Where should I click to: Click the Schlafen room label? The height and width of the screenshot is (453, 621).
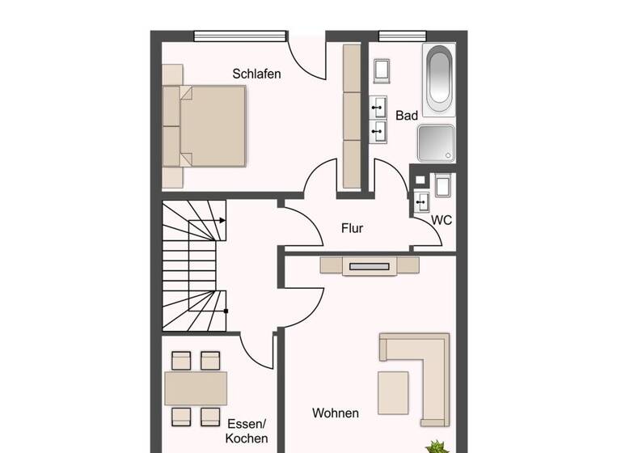tap(256, 74)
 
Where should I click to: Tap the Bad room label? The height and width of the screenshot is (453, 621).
tap(407, 116)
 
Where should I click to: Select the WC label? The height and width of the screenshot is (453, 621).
tap(441, 219)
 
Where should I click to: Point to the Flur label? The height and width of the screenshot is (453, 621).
tap(352, 228)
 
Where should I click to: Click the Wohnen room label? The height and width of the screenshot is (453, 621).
tap(336, 413)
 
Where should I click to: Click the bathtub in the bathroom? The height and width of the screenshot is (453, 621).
tap(438, 78)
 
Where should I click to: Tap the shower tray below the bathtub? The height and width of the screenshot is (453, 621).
tap(436, 142)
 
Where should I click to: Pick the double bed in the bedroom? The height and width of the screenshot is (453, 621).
tap(206, 125)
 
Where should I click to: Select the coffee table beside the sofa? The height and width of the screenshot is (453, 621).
tap(393, 392)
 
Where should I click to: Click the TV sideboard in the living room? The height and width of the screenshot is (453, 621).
tap(369, 265)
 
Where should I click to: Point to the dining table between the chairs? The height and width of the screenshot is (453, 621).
tap(196, 388)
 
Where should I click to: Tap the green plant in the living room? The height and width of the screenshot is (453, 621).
tap(437, 445)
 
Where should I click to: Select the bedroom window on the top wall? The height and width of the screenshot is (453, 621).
tap(240, 35)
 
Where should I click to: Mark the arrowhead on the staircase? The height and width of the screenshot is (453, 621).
tap(222, 219)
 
